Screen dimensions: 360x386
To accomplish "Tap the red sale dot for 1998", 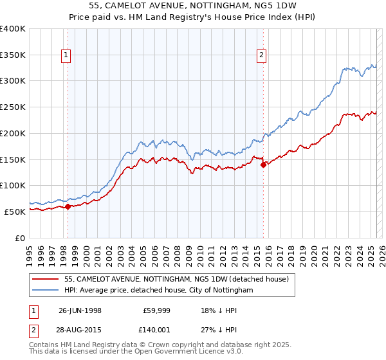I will tap(68, 206).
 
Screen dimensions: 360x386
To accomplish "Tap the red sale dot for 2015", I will tap(263, 165).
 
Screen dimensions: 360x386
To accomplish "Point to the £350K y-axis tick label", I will tap(13, 55).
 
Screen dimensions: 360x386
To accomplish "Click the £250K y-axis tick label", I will tap(13, 107).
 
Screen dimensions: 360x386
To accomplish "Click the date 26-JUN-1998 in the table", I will tap(80, 309).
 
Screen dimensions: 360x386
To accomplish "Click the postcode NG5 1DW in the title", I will tap(282, 6).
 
